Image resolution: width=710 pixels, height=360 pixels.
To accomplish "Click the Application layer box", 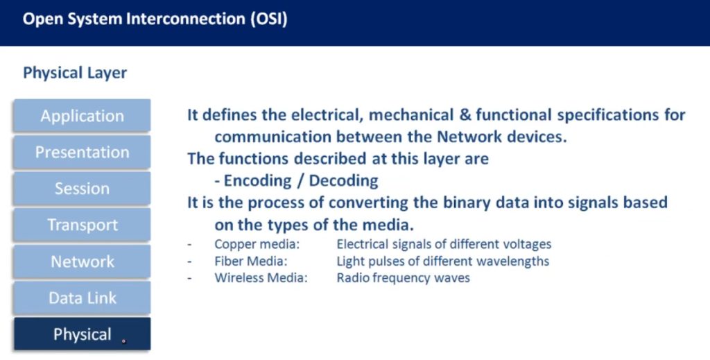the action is [82, 116].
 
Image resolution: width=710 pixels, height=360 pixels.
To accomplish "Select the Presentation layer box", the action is [82, 152].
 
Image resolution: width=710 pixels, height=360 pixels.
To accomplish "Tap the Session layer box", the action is [82, 189].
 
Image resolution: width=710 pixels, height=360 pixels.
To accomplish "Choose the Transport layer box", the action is [82, 225].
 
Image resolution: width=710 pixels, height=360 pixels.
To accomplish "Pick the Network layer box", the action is [82, 262].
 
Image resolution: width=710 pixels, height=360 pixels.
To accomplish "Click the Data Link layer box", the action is [82, 298].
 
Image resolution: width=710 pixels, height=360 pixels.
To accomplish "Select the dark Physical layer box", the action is [82, 334].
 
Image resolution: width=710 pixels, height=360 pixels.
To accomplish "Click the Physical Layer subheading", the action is [75, 73].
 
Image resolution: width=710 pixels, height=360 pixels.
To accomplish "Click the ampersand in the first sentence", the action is [465, 114].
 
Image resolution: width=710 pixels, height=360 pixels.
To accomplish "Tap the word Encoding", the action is [257, 181].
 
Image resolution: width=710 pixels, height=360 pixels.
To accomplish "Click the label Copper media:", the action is [257, 244].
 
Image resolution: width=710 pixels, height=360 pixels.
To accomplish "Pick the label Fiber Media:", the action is [251, 261].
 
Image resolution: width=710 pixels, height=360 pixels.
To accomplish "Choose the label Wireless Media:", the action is [261, 277].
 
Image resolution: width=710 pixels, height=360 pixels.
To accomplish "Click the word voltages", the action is [528, 245].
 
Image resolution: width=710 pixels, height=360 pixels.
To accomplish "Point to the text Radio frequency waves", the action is [403, 277].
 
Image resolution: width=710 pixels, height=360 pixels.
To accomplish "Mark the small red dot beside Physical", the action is [123, 341].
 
